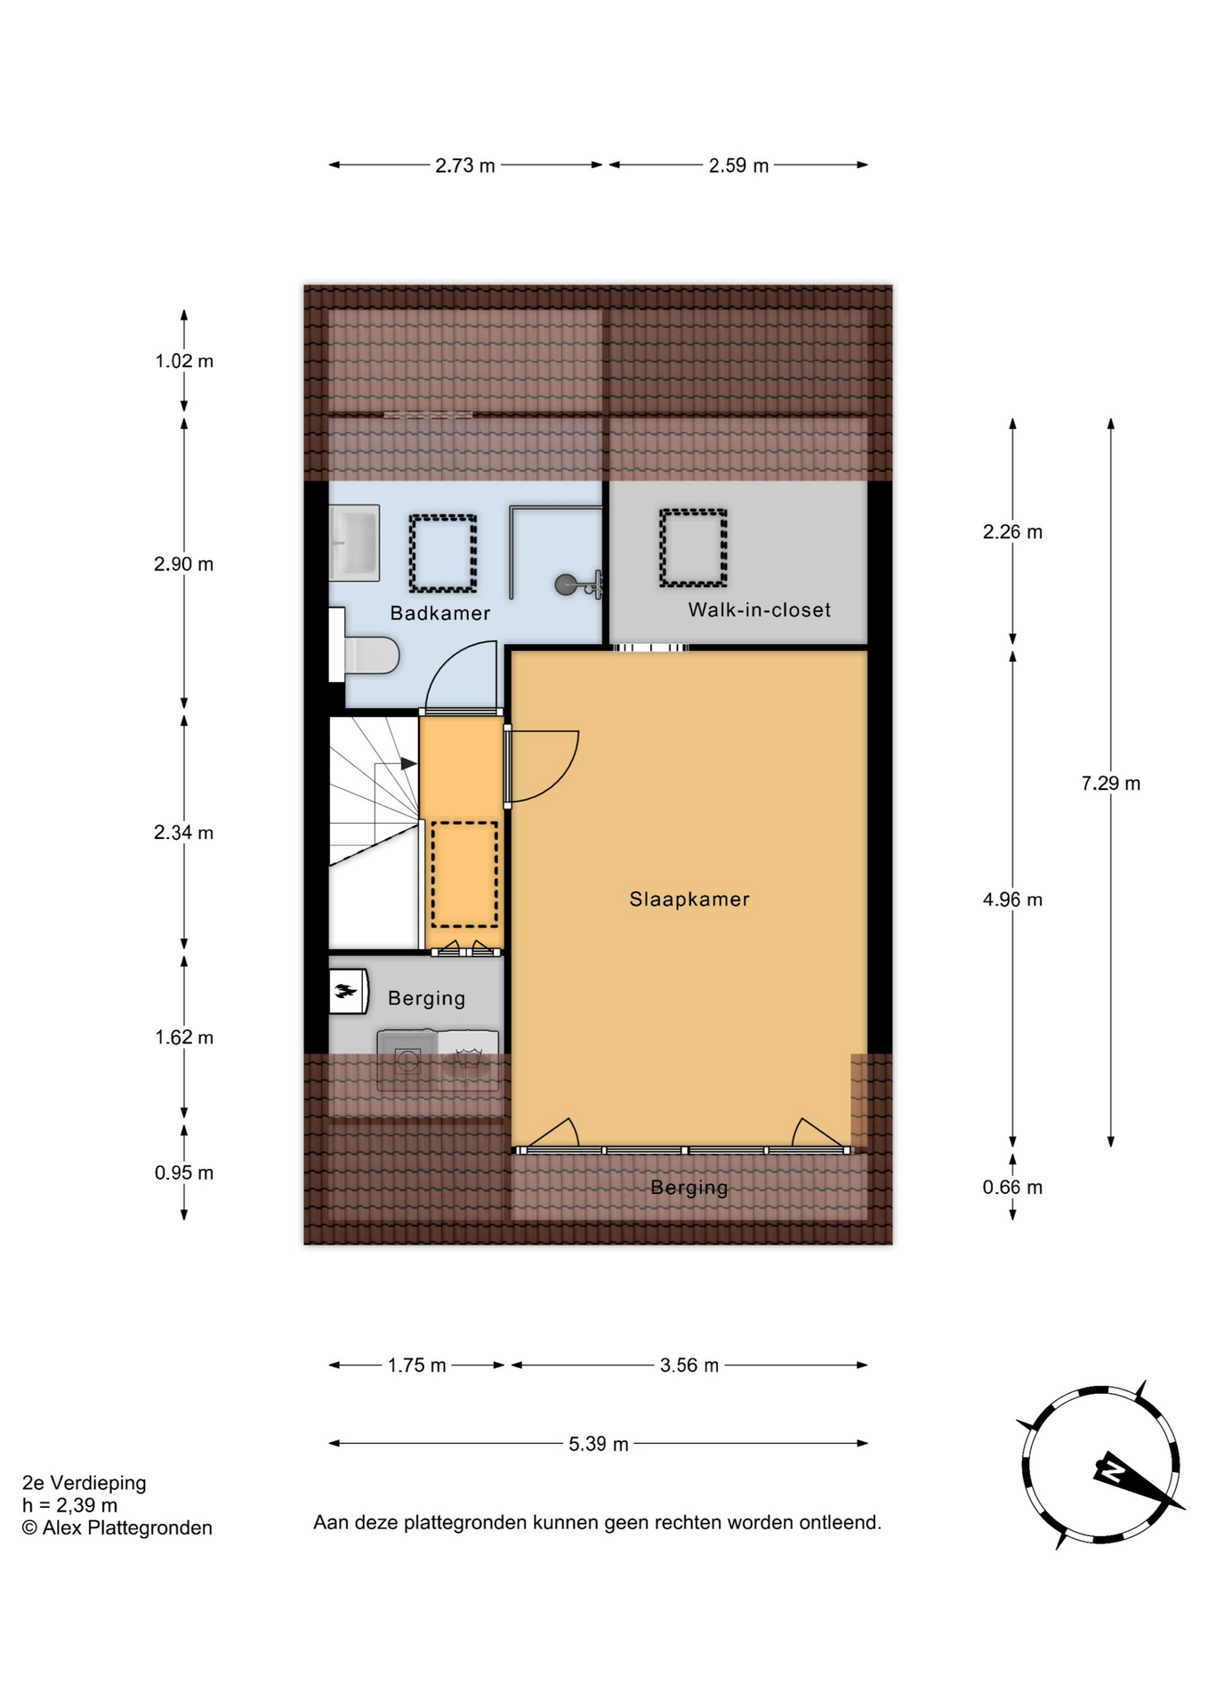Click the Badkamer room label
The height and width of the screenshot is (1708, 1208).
(440, 613)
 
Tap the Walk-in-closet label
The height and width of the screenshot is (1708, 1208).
(760, 610)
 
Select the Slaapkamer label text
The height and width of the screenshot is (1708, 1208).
(689, 899)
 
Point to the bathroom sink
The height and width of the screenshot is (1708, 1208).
(355, 543)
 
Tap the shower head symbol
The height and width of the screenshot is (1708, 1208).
(579, 584)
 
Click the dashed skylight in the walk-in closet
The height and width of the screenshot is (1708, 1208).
(693, 548)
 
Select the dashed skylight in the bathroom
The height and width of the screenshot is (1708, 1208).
(443, 553)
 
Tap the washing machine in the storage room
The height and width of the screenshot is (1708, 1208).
(407, 1060)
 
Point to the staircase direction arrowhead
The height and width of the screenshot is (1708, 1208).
(409, 763)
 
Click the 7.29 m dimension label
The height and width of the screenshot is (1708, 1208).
(1111, 784)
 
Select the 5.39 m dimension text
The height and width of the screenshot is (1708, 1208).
(599, 1444)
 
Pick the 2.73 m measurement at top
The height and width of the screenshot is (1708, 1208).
(465, 165)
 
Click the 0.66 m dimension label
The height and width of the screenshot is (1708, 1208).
(1012, 1188)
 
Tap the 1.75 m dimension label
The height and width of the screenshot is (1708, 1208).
(416, 1366)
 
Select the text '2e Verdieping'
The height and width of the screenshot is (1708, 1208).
(85, 1483)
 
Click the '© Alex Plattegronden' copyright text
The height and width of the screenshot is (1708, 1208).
(117, 1528)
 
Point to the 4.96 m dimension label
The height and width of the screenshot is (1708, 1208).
(1012, 900)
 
